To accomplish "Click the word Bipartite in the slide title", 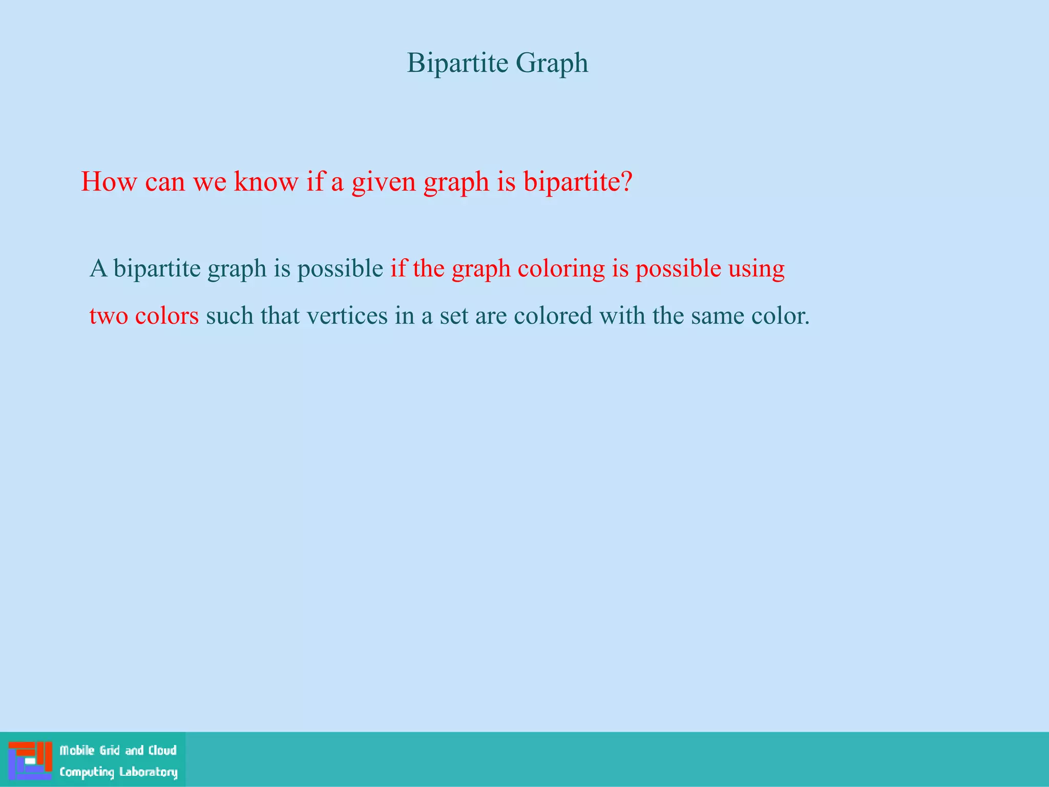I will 457,64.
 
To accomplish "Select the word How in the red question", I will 109,181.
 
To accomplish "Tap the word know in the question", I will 265,181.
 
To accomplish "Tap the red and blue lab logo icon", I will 30,760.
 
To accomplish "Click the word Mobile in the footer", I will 77,751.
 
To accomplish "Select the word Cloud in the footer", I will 162,751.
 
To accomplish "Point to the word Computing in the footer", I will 87,772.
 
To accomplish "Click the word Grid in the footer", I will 110,751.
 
